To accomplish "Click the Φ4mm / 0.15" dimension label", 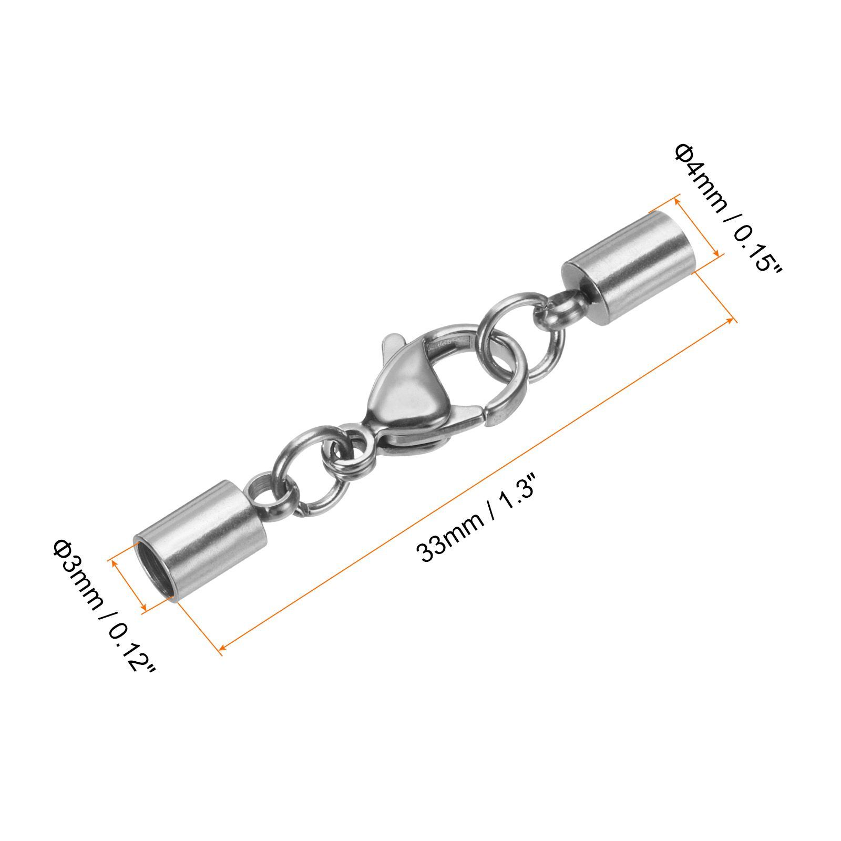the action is [x=728, y=210].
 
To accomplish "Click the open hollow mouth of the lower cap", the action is [x=155, y=570].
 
